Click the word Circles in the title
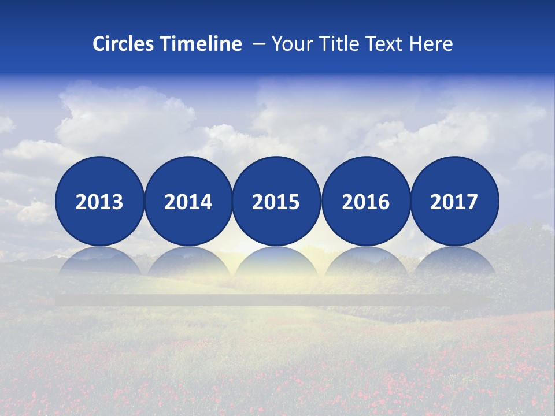[x=124, y=44]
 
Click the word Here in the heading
[x=431, y=44]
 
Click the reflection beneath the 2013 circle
[x=99, y=263]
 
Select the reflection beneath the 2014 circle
[x=188, y=263]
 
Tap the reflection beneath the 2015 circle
[x=276, y=263]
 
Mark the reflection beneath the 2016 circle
[x=365, y=263]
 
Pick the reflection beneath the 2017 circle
[x=454, y=263]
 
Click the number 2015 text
[x=276, y=202]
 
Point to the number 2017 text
[x=454, y=202]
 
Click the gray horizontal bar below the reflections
[x=276, y=300]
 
